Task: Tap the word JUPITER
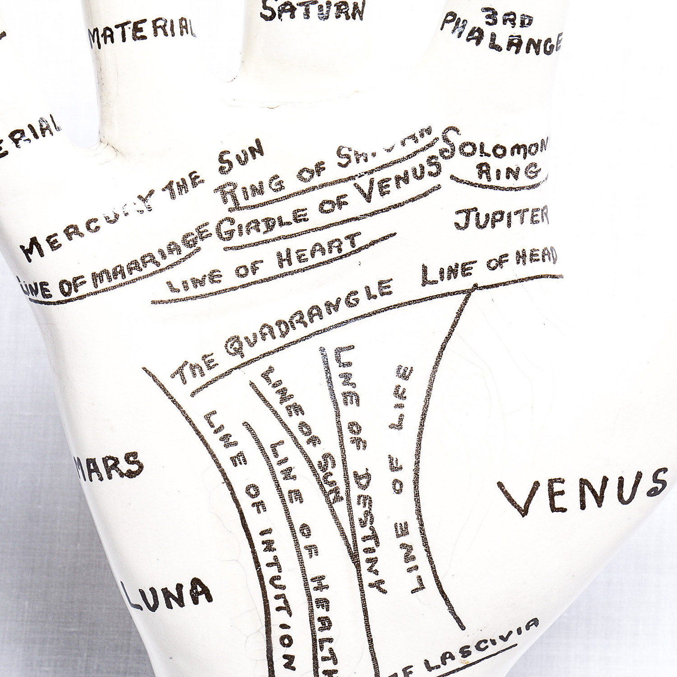pyautogui.click(x=501, y=218)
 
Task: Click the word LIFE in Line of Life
pyautogui.click(x=404, y=390)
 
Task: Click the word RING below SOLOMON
pyautogui.click(x=508, y=172)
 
